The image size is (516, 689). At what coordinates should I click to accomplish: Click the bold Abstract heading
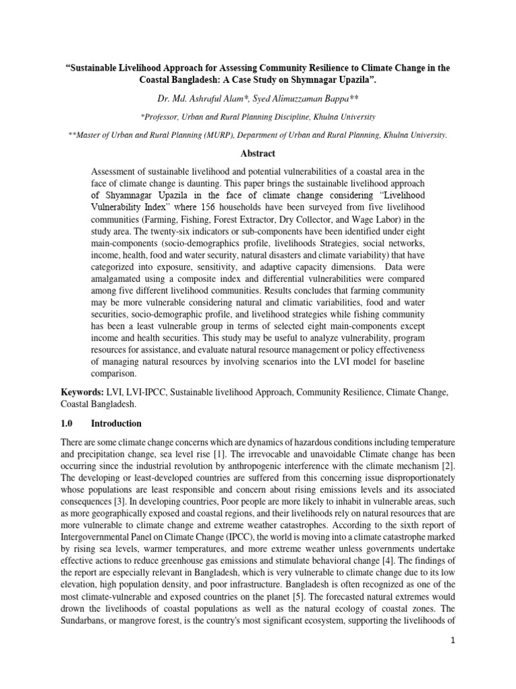pos(257,153)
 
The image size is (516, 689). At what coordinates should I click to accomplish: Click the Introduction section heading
pos(116,423)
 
